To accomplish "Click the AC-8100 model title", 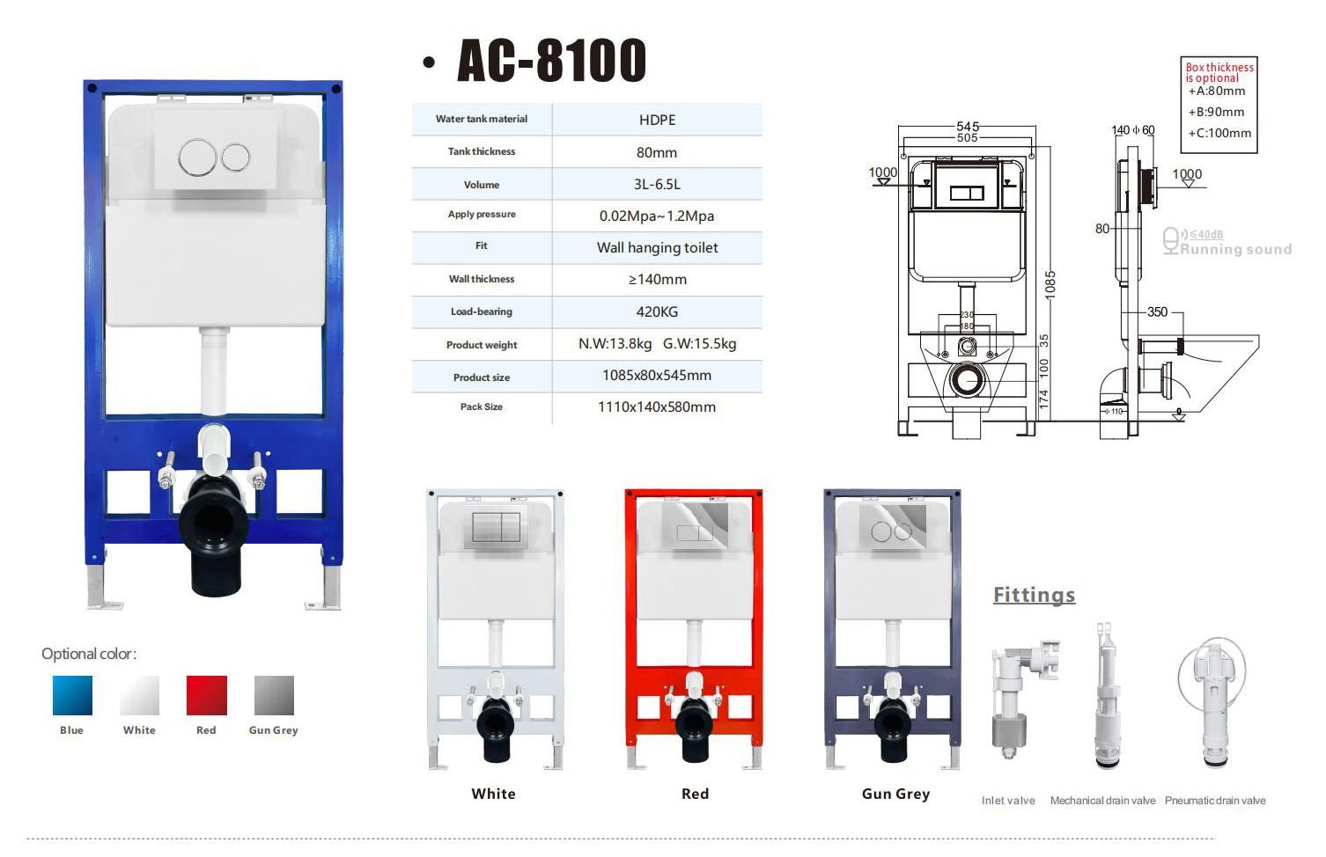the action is [x=552, y=61].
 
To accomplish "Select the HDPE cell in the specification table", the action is [x=657, y=120].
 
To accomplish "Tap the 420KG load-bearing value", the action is [x=657, y=311].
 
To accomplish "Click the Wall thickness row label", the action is [x=482, y=279].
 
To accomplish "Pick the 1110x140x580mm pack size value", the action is [x=657, y=407].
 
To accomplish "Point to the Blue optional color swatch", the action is [x=72, y=695].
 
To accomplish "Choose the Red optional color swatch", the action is [x=207, y=695].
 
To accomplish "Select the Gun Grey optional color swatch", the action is [x=274, y=695].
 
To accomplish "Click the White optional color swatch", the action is [x=140, y=695].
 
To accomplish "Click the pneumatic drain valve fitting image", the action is [x=1214, y=700].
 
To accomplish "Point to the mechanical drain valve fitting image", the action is [x=1105, y=700].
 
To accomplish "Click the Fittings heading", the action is [x=1034, y=596].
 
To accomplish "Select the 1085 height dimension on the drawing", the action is [x=1050, y=284].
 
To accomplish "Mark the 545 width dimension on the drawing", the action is [x=968, y=127].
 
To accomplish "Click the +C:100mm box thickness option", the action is [x=1219, y=134].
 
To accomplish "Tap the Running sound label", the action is [x=1235, y=249].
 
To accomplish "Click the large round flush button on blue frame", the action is [x=197, y=158].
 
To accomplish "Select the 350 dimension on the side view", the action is [x=1157, y=312].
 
